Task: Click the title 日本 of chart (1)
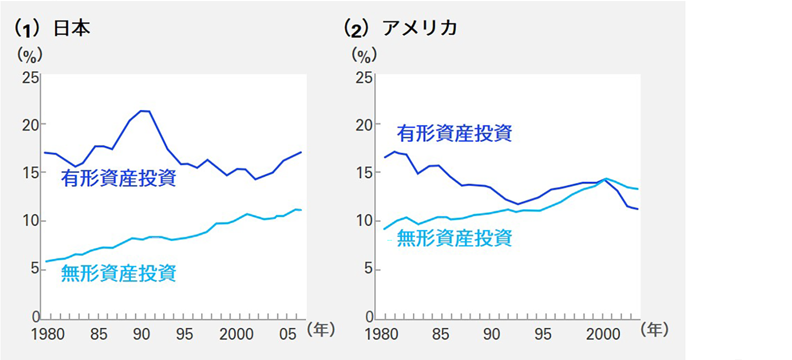72,28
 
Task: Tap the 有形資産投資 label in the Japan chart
118,178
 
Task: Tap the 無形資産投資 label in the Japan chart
118,273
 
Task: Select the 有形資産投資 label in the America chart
454,133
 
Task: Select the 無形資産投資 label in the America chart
454,239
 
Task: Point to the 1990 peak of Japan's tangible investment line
144,111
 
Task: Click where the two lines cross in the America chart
606,179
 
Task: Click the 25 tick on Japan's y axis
30,77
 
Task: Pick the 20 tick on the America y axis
364,125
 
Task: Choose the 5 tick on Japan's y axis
34,269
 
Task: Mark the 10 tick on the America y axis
364,221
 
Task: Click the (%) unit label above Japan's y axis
30,54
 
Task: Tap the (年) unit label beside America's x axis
654,330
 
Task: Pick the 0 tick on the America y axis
369,317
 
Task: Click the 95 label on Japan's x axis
184,334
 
